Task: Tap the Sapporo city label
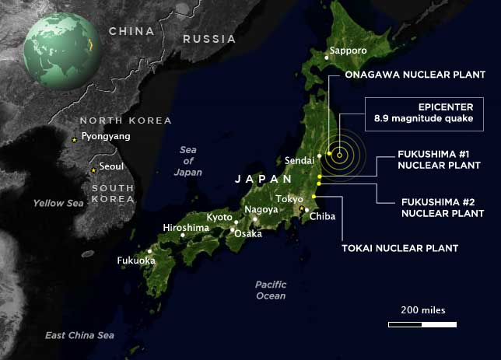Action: coord(347,51)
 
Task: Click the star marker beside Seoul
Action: coord(94,170)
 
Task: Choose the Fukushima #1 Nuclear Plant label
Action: coord(429,159)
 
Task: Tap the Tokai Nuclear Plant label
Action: coord(400,248)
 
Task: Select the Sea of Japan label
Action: coord(188,160)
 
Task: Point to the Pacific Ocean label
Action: coord(271,289)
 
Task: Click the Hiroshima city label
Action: coord(185,228)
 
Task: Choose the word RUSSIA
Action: coord(208,38)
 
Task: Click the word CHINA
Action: coord(131,31)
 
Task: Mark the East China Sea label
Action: coord(79,335)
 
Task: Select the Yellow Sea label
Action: coord(58,203)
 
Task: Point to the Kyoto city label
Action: coord(219,217)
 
